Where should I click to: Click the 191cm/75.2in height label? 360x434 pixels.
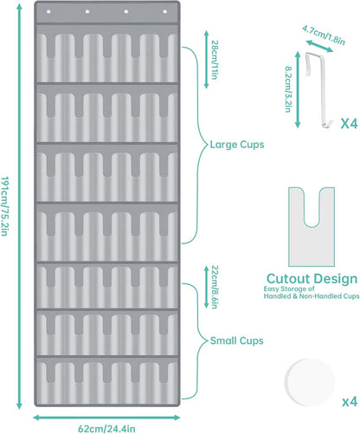click(x=4, y=206)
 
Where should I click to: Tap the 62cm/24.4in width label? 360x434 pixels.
click(x=106, y=429)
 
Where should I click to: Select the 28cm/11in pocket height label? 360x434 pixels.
click(x=215, y=60)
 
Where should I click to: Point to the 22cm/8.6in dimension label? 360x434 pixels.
click(x=215, y=287)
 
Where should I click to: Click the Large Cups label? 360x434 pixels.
click(x=237, y=145)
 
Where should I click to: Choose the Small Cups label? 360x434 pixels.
click(x=236, y=340)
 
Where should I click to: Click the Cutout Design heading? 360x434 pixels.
click(x=312, y=279)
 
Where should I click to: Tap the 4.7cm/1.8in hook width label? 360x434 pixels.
click(x=324, y=36)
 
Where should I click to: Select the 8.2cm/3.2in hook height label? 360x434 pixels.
click(x=288, y=89)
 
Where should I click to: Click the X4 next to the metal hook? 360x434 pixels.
click(x=349, y=124)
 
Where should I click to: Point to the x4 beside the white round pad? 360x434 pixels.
click(x=350, y=402)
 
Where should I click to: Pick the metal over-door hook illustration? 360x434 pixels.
click(x=318, y=89)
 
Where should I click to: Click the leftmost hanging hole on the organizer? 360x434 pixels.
click(x=48, y=12)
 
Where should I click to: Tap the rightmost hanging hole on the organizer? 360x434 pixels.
click(x=165, y=12)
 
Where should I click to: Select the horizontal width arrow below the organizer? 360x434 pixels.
click(x=106, y=418)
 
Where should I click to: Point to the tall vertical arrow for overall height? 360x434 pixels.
click(x=19, y=206)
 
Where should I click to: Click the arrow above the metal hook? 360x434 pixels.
click(x=319, y=46)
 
